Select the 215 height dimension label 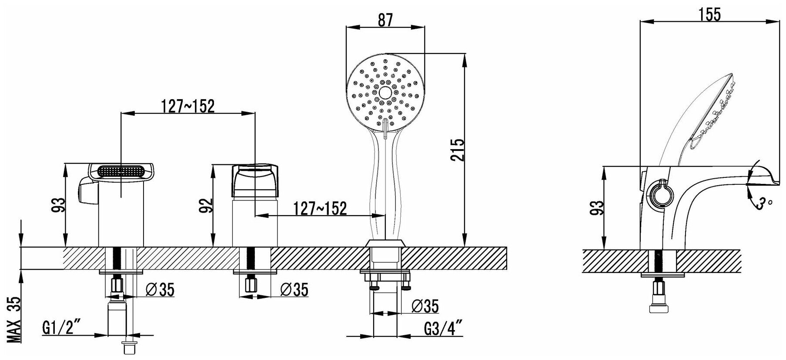tap(457, 150)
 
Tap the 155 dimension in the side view tap(709, 14)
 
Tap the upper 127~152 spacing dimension tap(187, 106)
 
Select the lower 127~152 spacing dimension tap(320, 209)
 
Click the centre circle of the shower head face tap(385, 92)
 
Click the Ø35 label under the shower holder tap(425, 306)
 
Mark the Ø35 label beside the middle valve tap(294, 289)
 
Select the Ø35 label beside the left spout tap(160, 289)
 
